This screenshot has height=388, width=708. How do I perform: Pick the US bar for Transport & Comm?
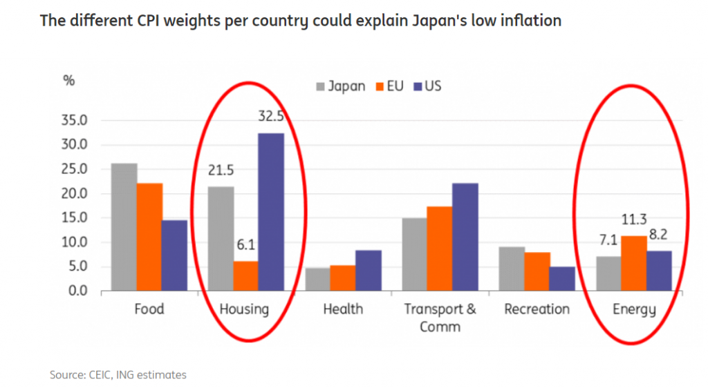pyautogui.click(x=465, y=237)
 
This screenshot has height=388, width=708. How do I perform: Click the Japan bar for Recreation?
pyautogui.click(x=512, y=269)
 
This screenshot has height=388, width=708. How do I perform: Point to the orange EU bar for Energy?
pyautogui.click(x=633, y=263)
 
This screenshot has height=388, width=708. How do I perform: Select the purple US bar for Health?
pyautogui.click(x=368, y=270)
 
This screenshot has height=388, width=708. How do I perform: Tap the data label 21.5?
pyautogui.click(x=221, y=171)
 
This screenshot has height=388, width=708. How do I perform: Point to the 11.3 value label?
pyautogui.click(x=634, y=220)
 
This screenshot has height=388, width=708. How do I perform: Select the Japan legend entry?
pyautogui.click(x=341, y=87)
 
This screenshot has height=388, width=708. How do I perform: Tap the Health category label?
pyautogui.click(x=343, y=309)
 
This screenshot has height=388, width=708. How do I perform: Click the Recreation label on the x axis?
pyautogui.click(x=537, y=309)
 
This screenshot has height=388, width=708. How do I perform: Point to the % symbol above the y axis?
pyautogui.click(x=68, y=80)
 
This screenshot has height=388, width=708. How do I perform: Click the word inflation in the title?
pyautogui.click(x=528, y=21)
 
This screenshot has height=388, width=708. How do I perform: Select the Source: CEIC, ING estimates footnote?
pyautogui.click(x=118, y=375)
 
